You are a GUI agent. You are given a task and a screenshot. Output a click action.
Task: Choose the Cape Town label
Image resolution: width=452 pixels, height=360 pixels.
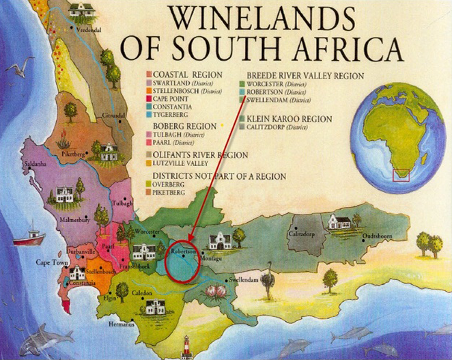50,262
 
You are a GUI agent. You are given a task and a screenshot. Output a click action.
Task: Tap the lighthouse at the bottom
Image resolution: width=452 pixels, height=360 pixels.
186,347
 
